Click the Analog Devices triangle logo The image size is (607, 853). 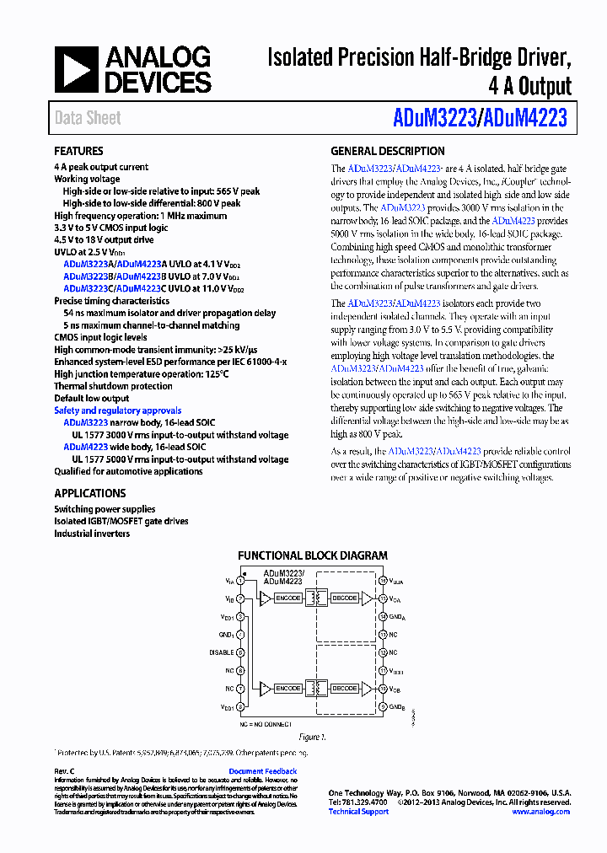[x=76, y=70]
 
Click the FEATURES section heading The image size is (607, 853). [x=78, y=152]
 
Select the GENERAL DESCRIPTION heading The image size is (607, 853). [x=387, y=152]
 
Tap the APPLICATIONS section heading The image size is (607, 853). [x=89, y=494]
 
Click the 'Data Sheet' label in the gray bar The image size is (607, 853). [x=88, y=118]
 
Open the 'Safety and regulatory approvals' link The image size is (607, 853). [x=117, y=411]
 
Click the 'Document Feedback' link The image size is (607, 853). [x=262, y=771]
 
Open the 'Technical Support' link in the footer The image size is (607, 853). [x=358, y=812]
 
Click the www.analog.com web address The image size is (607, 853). [x=540, y=812]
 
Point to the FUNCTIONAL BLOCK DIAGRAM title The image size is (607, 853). [x=313, y=555]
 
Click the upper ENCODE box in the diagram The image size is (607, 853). [x=288, y=598]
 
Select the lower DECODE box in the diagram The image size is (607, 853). [x=344, y=688]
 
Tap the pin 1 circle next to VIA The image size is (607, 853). [x=241, y=581]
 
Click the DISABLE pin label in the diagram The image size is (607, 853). [x=221, y=652]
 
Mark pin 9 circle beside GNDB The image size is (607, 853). [x=382, y=706]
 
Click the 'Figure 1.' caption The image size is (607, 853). [x=312, y=737]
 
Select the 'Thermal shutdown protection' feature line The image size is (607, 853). [x=113, y=387]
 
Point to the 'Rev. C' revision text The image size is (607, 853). [x=65, y=771]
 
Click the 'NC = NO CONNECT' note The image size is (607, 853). [x=265, y=724]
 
